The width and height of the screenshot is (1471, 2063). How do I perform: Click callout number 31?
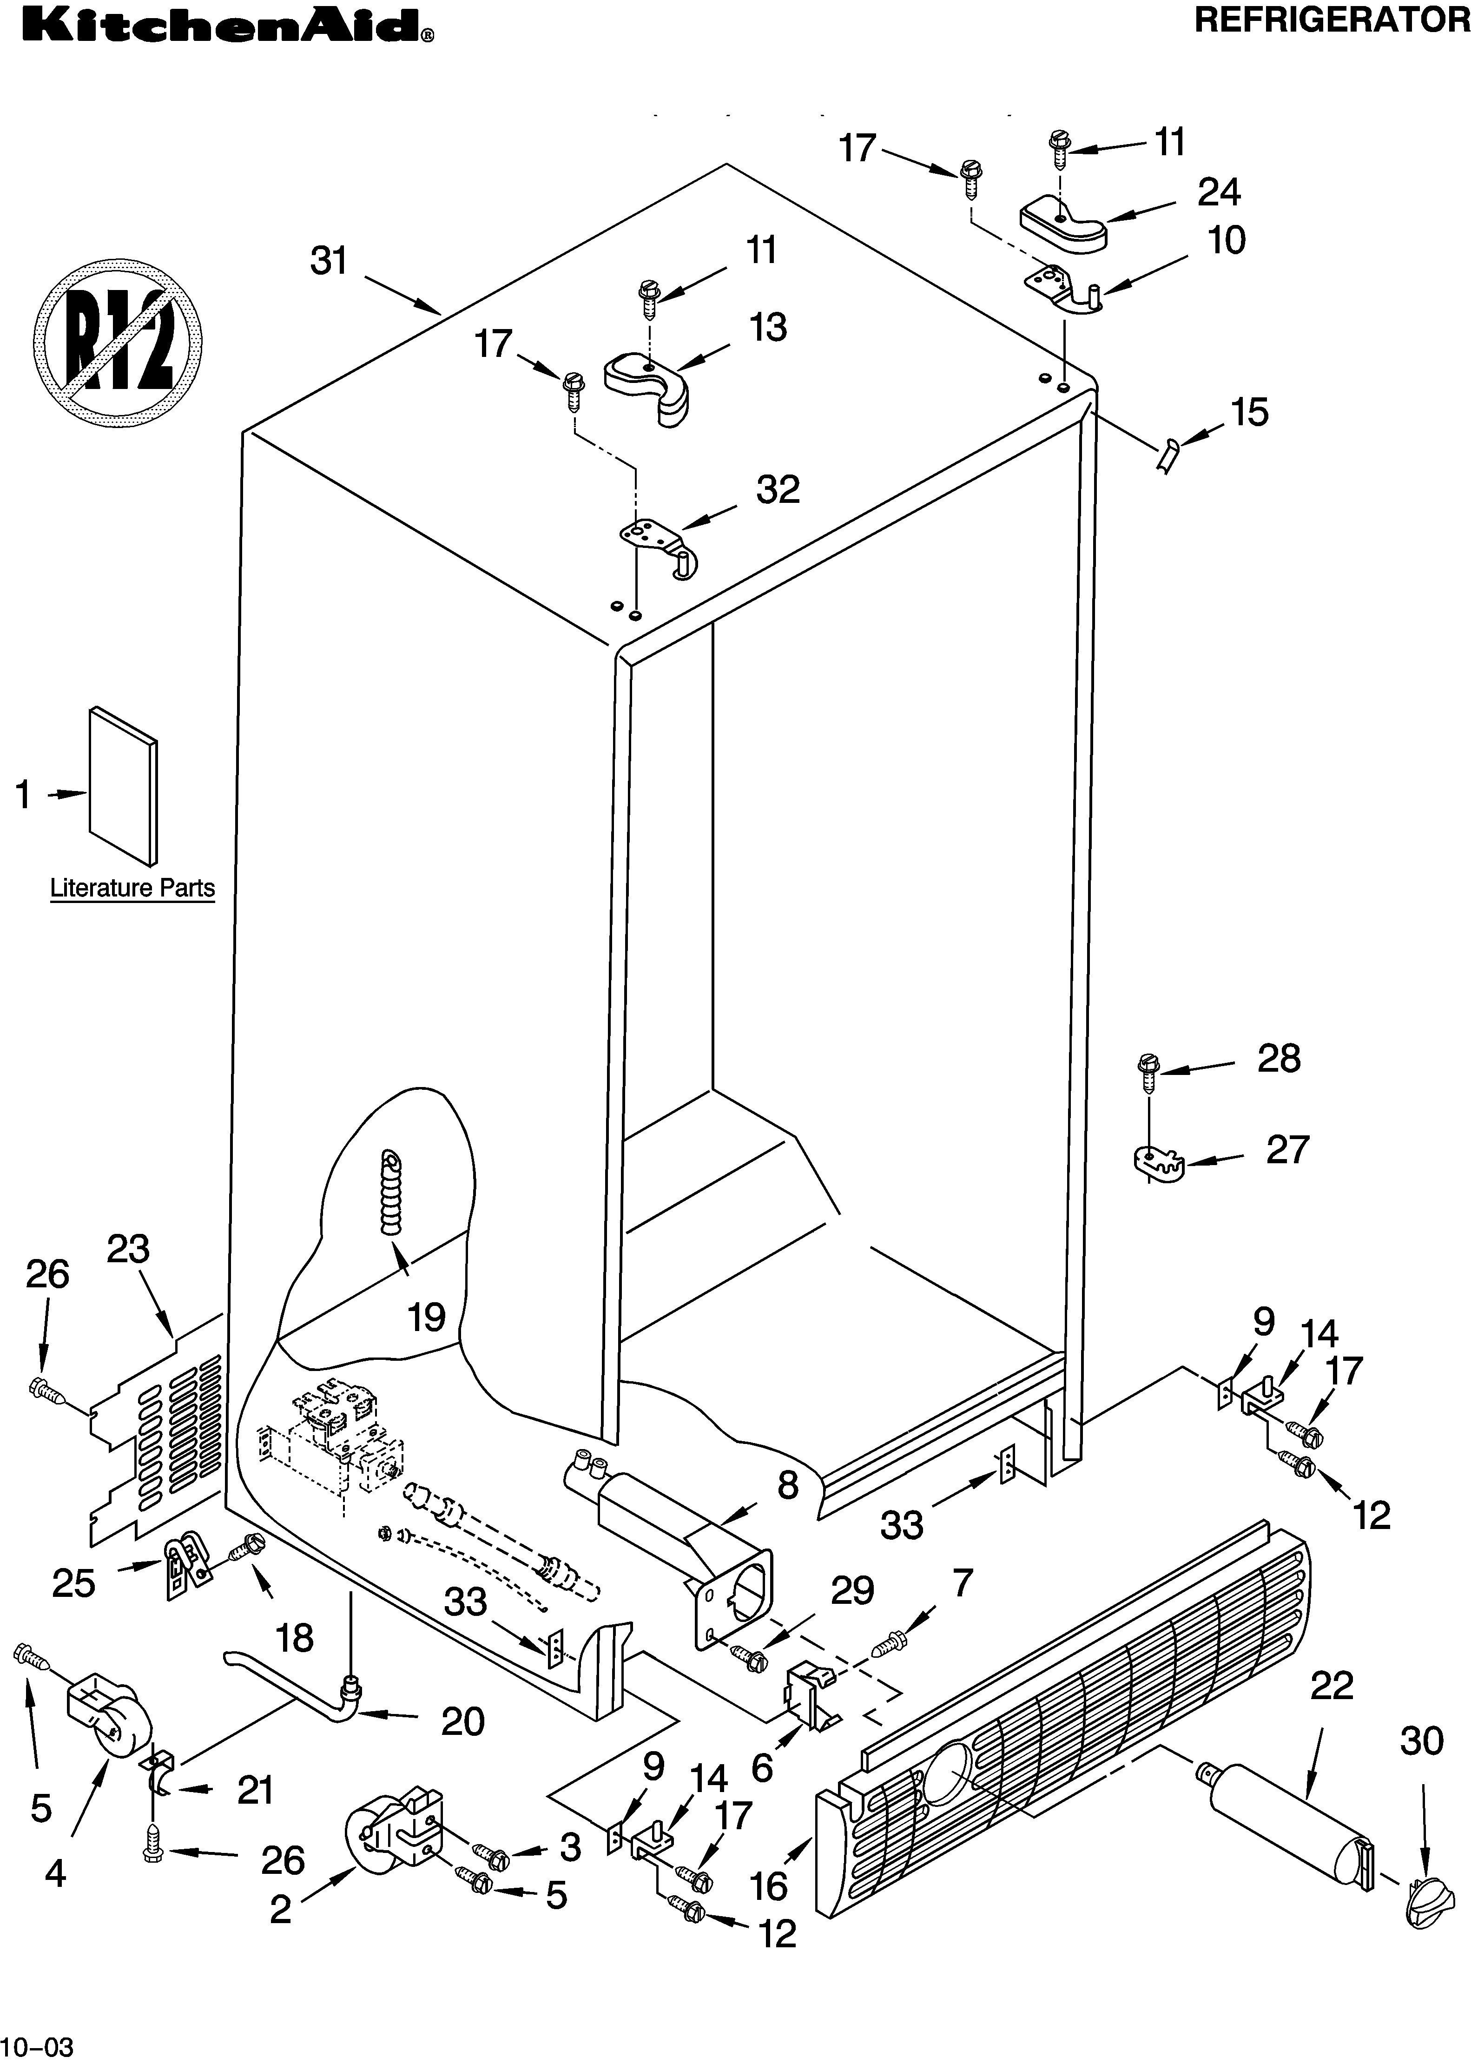click(329, 261)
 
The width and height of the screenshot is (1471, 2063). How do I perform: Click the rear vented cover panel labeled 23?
click(158, 1431)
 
